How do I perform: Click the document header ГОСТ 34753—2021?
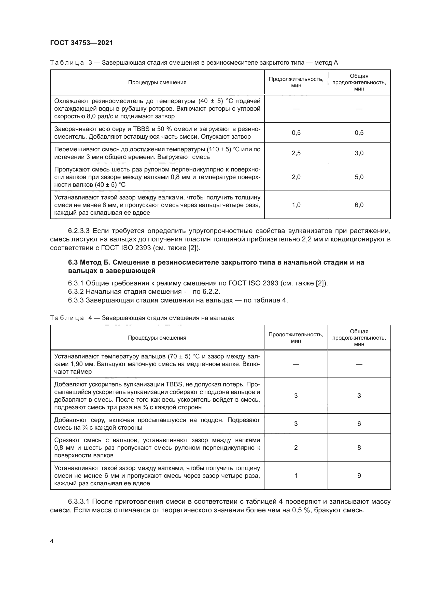[x=81, y=43]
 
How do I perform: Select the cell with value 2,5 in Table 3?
[x=296, y=153]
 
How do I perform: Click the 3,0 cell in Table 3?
[x=359, y=153]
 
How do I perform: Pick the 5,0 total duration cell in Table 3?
[x=359, y=177]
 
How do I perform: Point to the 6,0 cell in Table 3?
[x=359, y=205]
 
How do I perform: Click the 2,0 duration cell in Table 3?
[x=296, y=177]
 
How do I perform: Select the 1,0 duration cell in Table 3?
[x=296, y=205]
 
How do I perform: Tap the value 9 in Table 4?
[x=359, y=475]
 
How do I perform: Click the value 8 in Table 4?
[x=359, y=447]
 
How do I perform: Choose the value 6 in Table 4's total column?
[x=359, y=424]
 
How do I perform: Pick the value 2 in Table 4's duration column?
[x=296, y=447]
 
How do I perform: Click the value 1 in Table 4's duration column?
[x=296, y=475]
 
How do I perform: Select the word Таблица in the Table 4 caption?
[x=67, y=318]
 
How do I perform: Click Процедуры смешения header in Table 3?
[x=157, y=82]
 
